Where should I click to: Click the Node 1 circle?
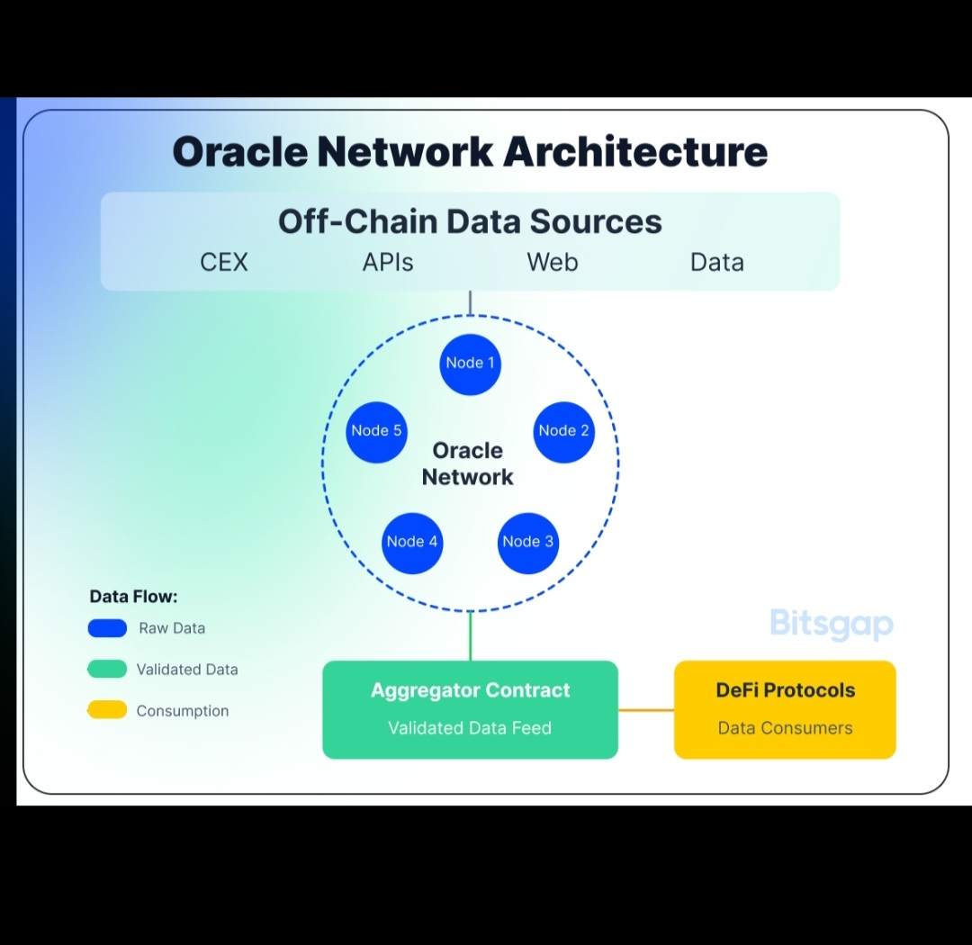[470, 364]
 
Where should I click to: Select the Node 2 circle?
[564, 431]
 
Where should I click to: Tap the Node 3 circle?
[528, 542]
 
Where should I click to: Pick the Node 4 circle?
[412, 542]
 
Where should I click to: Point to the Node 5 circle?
[376, 431]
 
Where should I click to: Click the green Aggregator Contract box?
[470, 709]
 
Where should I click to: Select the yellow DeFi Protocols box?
[785, 709]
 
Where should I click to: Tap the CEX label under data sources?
[224, 263]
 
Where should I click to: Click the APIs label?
[388, 263]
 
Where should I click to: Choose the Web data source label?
[553, 263]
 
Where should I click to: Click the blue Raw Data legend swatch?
[107, 628]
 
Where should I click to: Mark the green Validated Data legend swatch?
[107, 670]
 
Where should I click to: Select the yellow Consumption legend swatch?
[107, 711]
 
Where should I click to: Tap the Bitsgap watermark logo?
[832, 624]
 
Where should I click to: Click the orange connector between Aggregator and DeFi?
[646, 710]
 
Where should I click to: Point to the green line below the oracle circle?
[470, 635]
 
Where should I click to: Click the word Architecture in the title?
[635, 152]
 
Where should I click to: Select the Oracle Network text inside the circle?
[468, 463]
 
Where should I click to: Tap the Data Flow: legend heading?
[133, 597]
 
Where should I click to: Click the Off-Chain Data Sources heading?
[470, 221]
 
